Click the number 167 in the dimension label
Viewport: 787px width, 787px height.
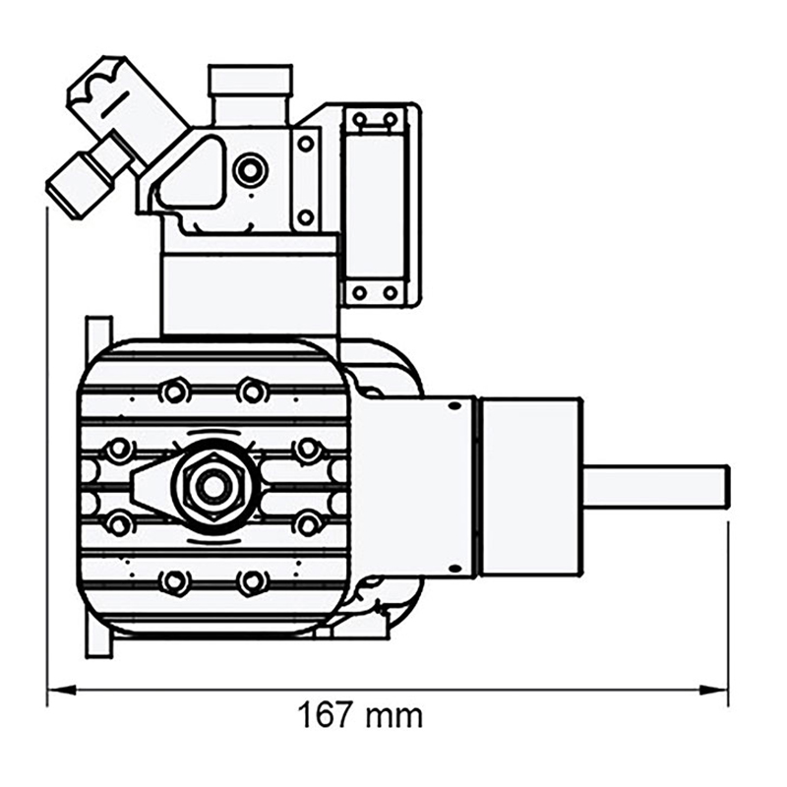click(x=327, y=715)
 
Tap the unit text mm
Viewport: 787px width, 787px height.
click(x=393, y=716)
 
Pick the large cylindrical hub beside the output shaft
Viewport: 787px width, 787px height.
click(x=528, y=487)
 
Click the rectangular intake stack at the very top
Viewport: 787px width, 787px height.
click(x=250, y=81)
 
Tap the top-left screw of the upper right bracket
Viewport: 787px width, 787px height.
click(x=360, y=120)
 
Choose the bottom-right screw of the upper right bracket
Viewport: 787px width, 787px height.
click(x=391, y=292)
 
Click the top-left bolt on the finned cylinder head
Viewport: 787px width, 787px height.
click(x=174, y=391)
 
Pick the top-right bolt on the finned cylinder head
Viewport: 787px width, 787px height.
click(x=252, y=391)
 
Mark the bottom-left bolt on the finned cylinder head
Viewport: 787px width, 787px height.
click(x=174, y=581)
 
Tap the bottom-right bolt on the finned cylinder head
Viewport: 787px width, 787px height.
click(x=252, y=581)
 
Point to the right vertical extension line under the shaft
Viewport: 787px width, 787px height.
click(x=728, y=610)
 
